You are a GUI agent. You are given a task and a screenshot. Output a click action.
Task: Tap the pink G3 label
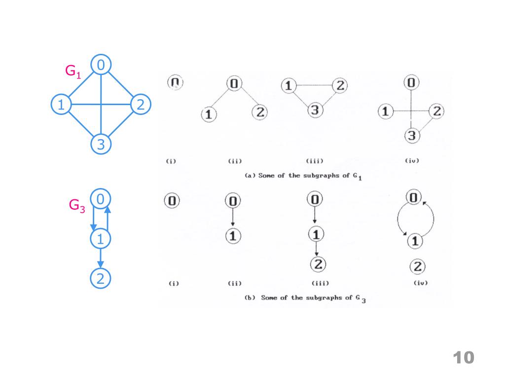coord(77,206)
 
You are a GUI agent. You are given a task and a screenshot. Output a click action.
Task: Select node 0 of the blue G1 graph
coord(101,65)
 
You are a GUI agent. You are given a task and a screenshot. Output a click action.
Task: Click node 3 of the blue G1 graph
coord(101,145)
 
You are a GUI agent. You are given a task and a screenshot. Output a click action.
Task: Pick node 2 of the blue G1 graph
coord(141,104)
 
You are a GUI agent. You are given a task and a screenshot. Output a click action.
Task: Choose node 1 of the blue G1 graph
coord(61,104)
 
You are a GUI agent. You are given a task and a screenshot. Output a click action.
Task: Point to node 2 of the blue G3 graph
coord(101,279)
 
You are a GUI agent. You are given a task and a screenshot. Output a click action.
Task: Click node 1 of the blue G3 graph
coord(101,239)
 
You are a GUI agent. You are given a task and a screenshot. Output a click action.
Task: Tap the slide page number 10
coord(463,358)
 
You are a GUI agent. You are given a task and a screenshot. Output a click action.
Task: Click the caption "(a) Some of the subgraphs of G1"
coord(303,176)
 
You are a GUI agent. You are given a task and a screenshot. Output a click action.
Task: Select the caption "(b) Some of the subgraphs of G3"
coord(305,298)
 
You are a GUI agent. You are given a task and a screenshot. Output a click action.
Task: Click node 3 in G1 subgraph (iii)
coord(315,110)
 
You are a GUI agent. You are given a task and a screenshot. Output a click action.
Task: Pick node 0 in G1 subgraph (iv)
coord(411,83)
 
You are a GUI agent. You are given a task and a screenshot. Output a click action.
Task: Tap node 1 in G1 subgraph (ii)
coord(209,114)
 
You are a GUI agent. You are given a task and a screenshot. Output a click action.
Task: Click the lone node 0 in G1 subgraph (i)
coord(175,82)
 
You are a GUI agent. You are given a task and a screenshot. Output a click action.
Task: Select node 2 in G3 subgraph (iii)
coord(318,265)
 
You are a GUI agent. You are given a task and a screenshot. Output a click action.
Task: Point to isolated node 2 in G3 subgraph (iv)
coord(417,267)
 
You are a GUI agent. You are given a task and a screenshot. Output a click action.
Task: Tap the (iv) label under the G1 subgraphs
coord(411,160)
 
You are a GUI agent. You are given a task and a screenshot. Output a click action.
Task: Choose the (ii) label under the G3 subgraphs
coord(233,283)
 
